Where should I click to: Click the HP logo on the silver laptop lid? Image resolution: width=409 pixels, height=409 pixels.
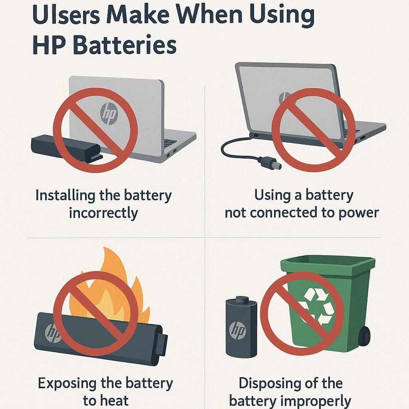tap(109, 113)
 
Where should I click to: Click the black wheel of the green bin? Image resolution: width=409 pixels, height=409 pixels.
tap(364, 336)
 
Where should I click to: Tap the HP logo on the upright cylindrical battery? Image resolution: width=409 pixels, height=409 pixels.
tap(237, 330)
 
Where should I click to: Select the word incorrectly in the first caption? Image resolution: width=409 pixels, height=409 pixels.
tap(103, 213)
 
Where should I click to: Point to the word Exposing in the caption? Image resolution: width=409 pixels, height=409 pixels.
tap(67, 384)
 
